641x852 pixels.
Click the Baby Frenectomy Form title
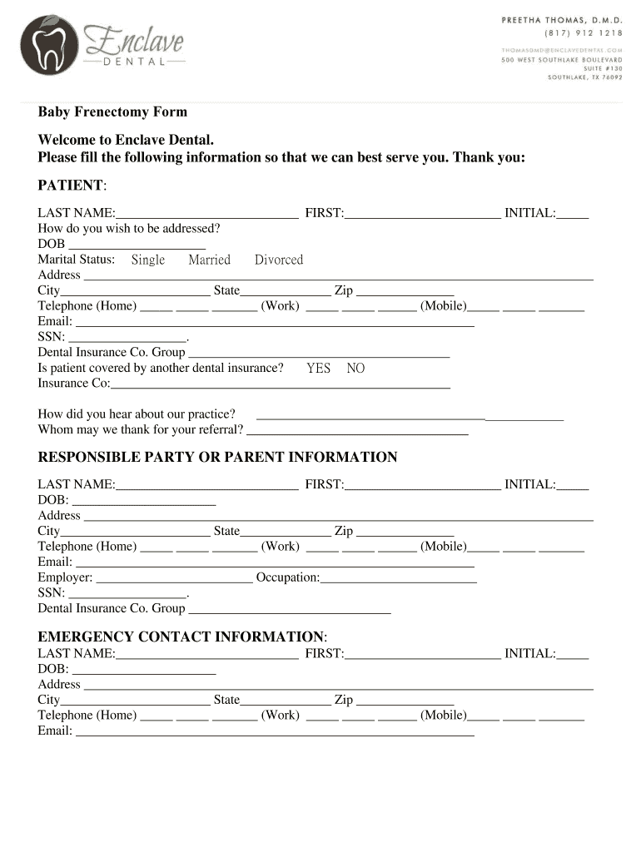click(112, 111)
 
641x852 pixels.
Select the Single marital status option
click(148, 260)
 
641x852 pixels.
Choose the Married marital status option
click(209, 260)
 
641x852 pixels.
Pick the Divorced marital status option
click(279, 260)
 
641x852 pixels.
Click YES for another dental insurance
click(318, 368)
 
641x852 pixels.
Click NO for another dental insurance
click(355, 368)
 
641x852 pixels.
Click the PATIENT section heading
click(71, 184)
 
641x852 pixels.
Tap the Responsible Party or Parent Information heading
click(217, 457)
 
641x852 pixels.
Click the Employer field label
click(65, 577)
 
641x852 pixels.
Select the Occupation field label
click(288, 577)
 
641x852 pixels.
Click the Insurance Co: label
click(74, 383)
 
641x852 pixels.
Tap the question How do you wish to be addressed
click(129, 228)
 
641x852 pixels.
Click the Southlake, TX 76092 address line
click(584, 77)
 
